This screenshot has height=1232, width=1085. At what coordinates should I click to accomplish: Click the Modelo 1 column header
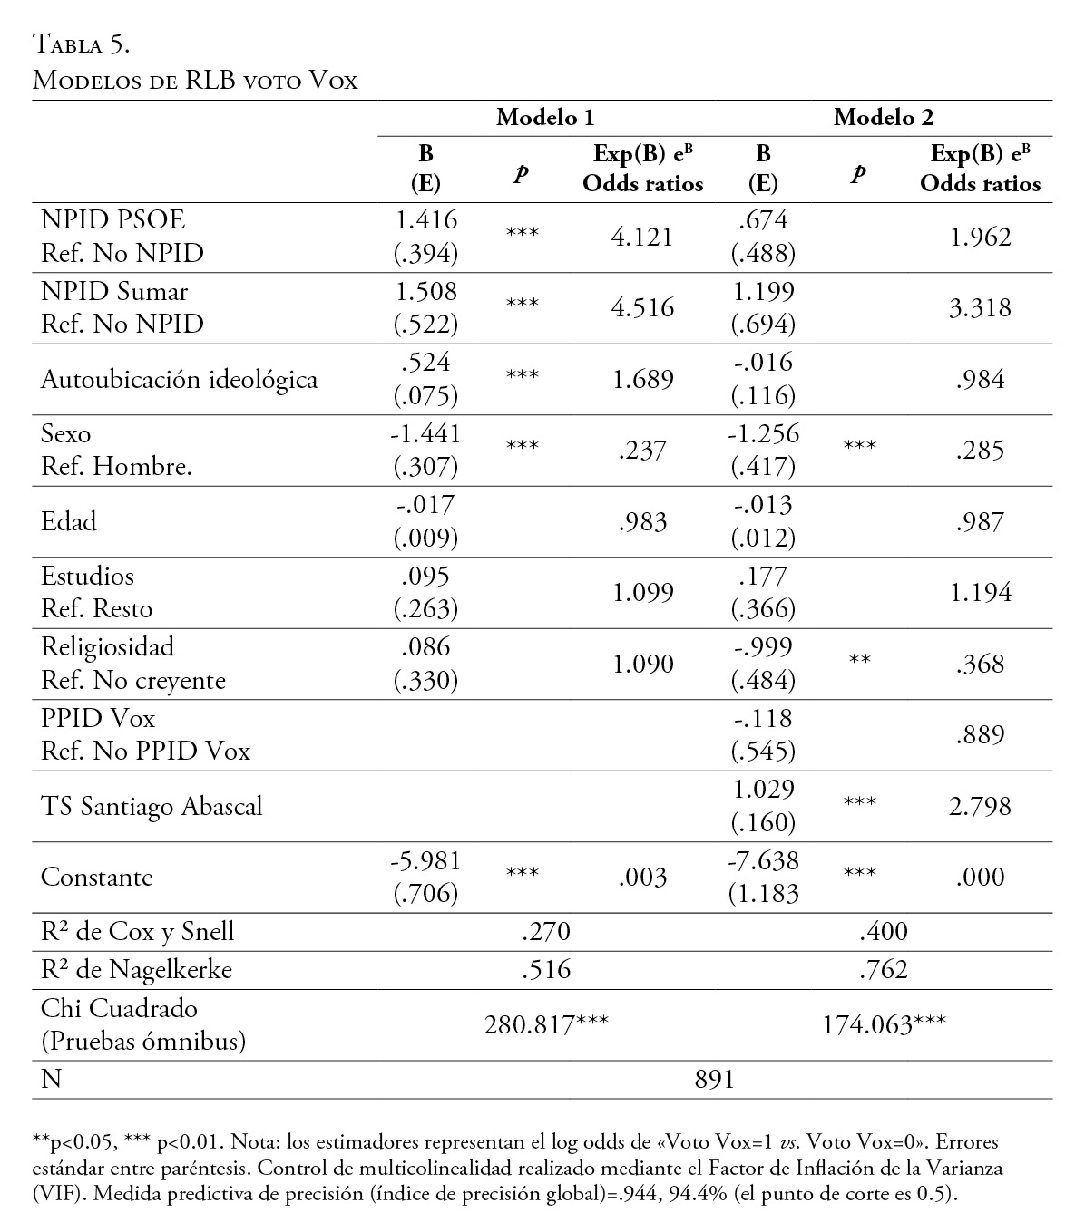(x=545, y=117)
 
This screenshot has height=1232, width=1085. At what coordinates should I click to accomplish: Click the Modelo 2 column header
(x=883, y=117)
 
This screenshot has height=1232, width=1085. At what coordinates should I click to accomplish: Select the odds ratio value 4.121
(x=642, y=237)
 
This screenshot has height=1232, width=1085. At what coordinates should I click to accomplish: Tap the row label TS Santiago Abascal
(x=152, y=806)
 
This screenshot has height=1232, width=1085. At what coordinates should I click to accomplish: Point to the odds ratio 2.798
(x=980, y=806)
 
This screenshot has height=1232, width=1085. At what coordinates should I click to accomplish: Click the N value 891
(x=714, y=1079)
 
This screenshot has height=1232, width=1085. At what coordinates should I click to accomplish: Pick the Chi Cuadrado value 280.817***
(x=545, y=1024)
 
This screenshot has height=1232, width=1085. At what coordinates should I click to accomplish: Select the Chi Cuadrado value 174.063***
(x=884, y=1024)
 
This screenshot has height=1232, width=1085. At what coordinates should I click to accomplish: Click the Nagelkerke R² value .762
(x=884, y=970)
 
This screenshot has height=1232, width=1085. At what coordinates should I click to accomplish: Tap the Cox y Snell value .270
(x=546, y=931)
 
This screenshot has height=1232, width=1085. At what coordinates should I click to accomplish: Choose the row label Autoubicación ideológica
(x=180, y=379)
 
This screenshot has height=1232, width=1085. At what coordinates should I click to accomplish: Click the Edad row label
(x=69, y=521)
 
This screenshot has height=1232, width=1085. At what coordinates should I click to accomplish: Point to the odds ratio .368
(x=980, y=664)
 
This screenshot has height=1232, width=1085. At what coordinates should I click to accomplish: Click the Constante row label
(x=97, y=877)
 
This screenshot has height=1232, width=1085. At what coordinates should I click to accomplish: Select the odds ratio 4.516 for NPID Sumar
(x=642, y=307)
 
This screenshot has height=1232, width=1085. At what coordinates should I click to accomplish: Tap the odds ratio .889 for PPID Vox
(x=980, y=734)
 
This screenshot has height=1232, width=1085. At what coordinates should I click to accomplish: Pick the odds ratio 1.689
(x=642, y=379)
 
